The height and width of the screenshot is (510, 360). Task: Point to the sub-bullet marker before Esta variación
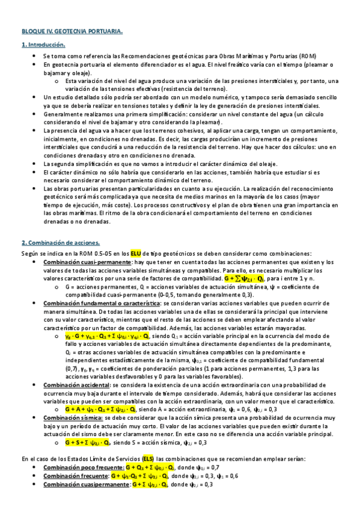[56, 81]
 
